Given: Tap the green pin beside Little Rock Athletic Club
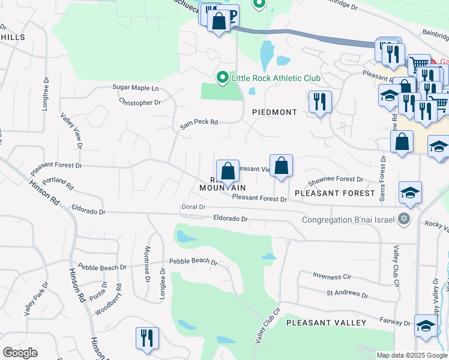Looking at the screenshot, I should point(222,78).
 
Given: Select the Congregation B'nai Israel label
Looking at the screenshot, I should point(349,219).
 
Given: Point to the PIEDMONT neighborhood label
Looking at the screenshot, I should point(275,112).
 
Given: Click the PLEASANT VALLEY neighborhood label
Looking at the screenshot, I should point(326,323).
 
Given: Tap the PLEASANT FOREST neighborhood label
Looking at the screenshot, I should point(335,193).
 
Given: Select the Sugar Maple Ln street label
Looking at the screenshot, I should point(136,88).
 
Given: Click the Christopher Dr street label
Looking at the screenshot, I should point(140,103).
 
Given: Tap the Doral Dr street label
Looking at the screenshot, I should point(193,206).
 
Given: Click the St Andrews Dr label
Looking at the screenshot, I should point(346,295).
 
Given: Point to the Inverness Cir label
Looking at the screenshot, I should point(332,276).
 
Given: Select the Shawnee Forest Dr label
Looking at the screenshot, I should point(336,179).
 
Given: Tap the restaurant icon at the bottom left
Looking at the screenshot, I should point(146,337).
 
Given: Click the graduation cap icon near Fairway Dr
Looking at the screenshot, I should point(426,326).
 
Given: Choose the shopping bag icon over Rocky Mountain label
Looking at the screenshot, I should point(228,171).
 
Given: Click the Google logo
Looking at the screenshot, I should point(20,352).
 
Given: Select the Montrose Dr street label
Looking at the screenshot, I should point(147,263).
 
